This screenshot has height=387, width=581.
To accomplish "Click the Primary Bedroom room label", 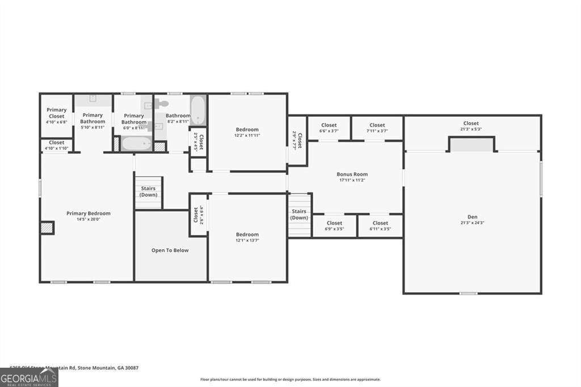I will coord(88,213).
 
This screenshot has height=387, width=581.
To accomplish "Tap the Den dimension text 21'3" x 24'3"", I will coord(472,222).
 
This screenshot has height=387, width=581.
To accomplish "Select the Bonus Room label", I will coord(352,174).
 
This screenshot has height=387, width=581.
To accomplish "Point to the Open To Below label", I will coord(170,250).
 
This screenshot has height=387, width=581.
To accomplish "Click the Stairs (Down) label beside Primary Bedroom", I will coord(148,191).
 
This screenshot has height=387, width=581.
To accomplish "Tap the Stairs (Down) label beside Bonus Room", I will coord(299,214).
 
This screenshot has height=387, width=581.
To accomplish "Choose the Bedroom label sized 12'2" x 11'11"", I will coord(247,129).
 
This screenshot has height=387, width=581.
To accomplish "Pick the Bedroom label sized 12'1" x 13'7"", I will coord(247,234).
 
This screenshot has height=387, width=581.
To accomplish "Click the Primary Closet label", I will coord(56,113).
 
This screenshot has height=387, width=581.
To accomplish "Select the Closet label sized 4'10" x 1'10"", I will coord(56,142).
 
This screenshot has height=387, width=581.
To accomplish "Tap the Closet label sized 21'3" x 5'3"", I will coord(470,123).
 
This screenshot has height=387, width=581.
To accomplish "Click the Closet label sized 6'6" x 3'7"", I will coord(329,125).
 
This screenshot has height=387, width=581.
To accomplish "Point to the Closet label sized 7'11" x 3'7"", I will coord(377,125).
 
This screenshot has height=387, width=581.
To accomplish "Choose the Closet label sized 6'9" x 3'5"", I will coord(334,223).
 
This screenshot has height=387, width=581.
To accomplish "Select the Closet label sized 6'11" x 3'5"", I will coord(380,223).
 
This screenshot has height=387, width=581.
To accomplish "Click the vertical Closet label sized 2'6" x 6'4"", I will coord(195,214).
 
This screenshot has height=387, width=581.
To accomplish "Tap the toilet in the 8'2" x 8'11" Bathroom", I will coord(162,104).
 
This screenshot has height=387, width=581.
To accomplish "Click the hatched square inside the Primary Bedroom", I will coord(47,228).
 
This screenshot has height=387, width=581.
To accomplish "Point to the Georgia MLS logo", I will coord(29,377).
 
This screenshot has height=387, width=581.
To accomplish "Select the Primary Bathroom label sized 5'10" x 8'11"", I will coord(92,118).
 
